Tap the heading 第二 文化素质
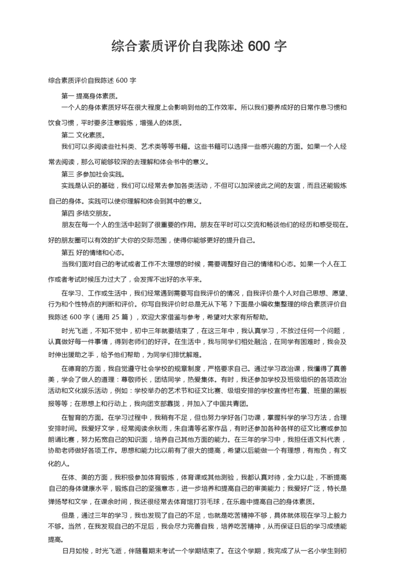pos(83,135)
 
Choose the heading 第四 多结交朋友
pos(86,213)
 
